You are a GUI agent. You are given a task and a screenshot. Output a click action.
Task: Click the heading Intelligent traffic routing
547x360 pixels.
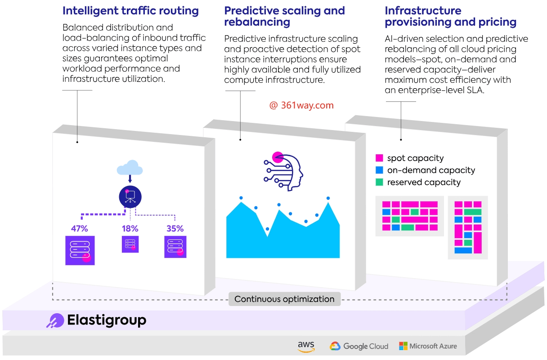point(130,11)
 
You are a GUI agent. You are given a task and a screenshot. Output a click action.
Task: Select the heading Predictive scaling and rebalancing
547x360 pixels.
point(284,16)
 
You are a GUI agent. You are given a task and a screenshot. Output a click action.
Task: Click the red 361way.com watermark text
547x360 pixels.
point(301,105)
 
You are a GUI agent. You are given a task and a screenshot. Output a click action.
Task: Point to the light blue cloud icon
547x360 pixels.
point(130,168)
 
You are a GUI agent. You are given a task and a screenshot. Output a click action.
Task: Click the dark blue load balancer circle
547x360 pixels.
point(130,196)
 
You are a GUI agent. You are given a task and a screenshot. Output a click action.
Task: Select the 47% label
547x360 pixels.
point(79,229)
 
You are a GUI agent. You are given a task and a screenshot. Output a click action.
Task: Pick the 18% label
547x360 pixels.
point(130,229)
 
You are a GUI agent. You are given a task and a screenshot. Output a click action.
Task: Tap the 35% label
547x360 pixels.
point(175,229)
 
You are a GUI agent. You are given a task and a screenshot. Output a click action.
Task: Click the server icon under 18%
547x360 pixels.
point(130,244)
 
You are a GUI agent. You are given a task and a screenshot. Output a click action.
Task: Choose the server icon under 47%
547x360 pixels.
point(80,250)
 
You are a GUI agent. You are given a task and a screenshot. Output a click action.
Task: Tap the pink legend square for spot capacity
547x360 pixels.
point(379,158)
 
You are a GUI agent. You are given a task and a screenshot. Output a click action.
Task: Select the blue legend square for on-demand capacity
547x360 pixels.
point(379,170)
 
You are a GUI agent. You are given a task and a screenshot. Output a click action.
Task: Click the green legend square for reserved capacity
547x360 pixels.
point(379,182)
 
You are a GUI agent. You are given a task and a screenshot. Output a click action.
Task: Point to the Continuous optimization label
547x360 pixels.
point(284,299)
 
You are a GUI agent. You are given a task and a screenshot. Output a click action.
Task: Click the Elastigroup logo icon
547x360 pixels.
point(55,320)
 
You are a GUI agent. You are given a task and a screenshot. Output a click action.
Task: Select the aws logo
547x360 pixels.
point(306,346)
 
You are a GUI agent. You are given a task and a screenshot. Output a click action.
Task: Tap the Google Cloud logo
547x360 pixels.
point(359,346)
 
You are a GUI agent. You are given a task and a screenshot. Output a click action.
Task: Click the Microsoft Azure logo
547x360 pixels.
point(428,346)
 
